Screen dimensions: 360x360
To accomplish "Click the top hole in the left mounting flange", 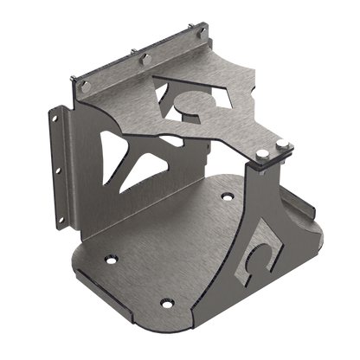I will point(57,116).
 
